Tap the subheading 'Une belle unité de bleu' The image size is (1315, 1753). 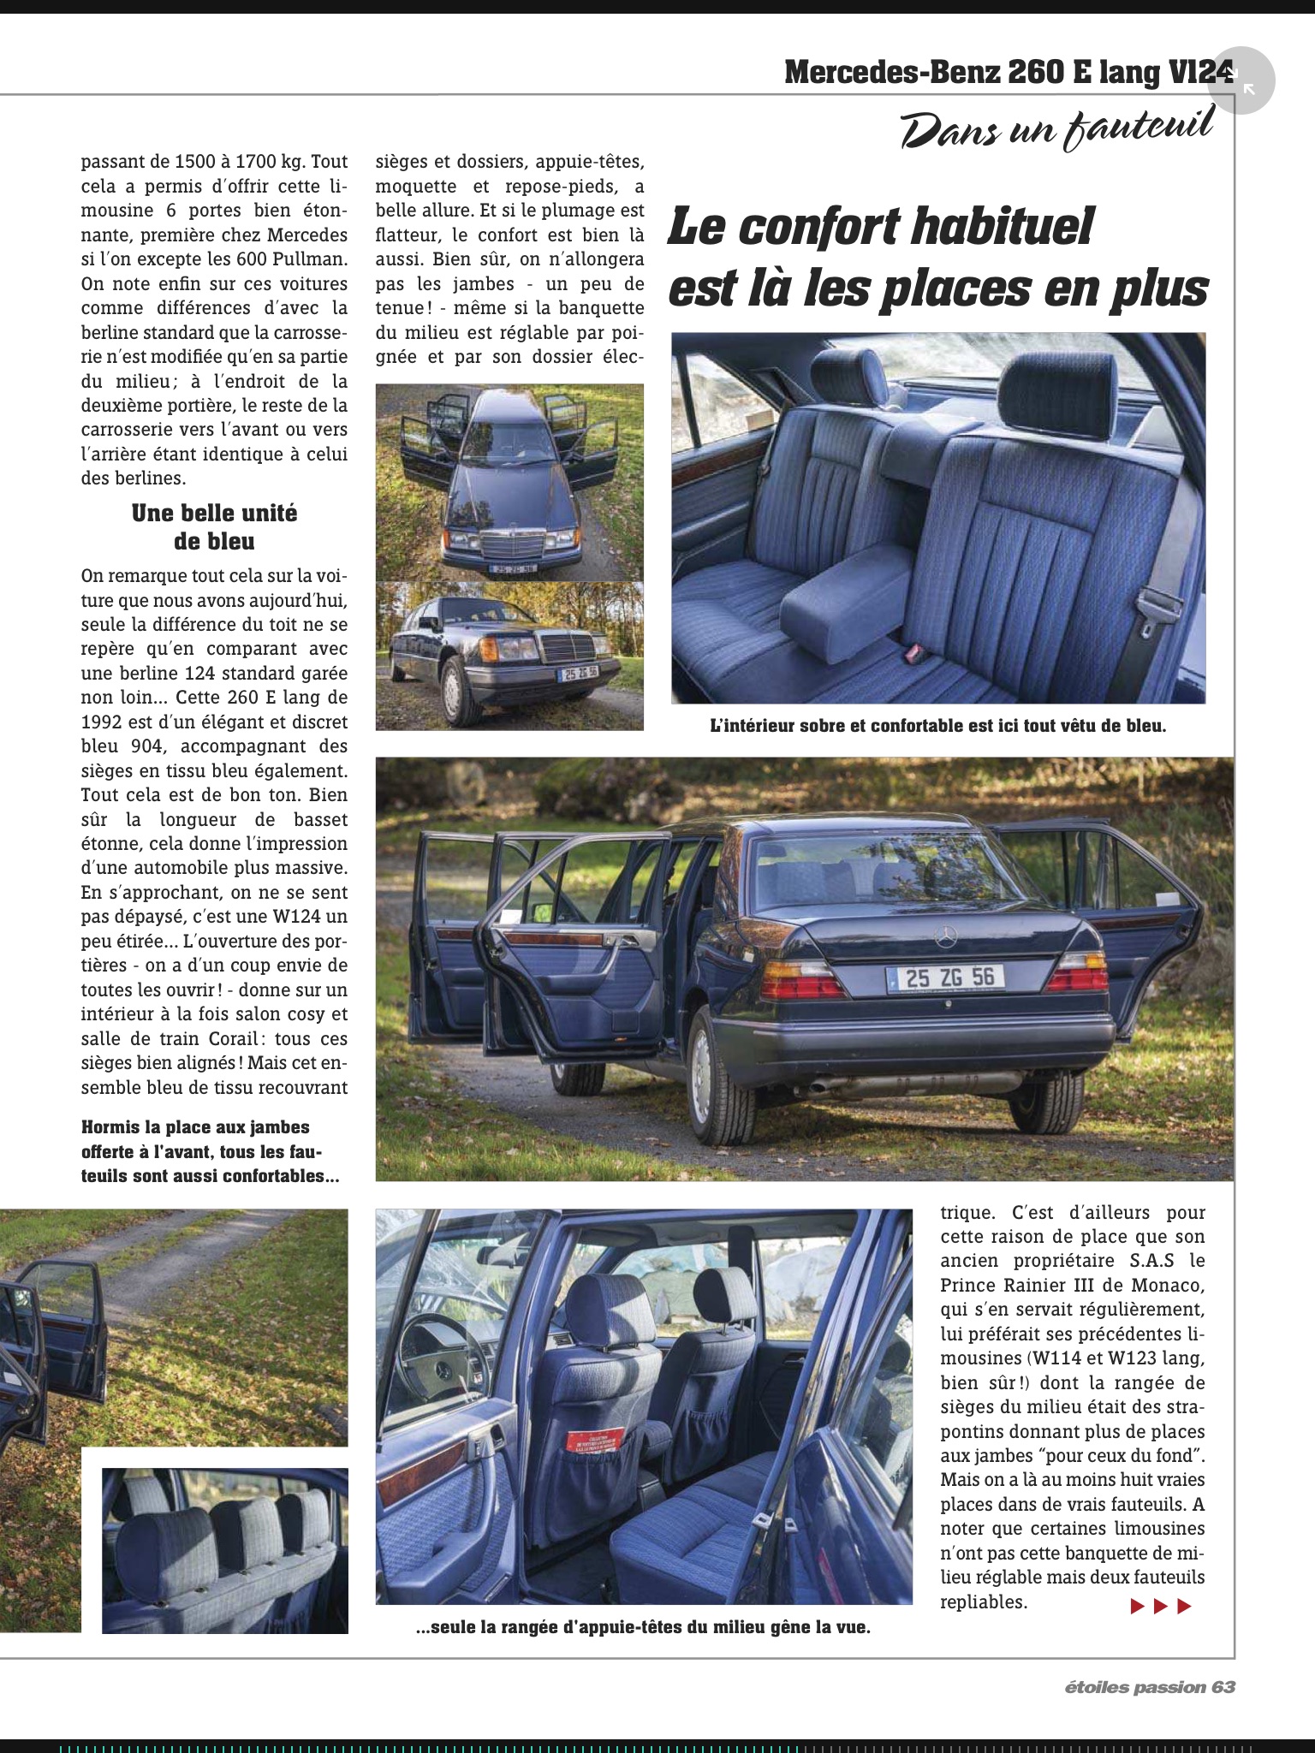click(x=214, y=526)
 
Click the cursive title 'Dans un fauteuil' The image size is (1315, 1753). click(x=1057, y=128)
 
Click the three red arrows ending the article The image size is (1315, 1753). click(x=1160, y=1606)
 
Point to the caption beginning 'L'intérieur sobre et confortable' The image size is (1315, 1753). click(x=938, y=727)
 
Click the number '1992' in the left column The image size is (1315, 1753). click(x=106, y=722)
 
